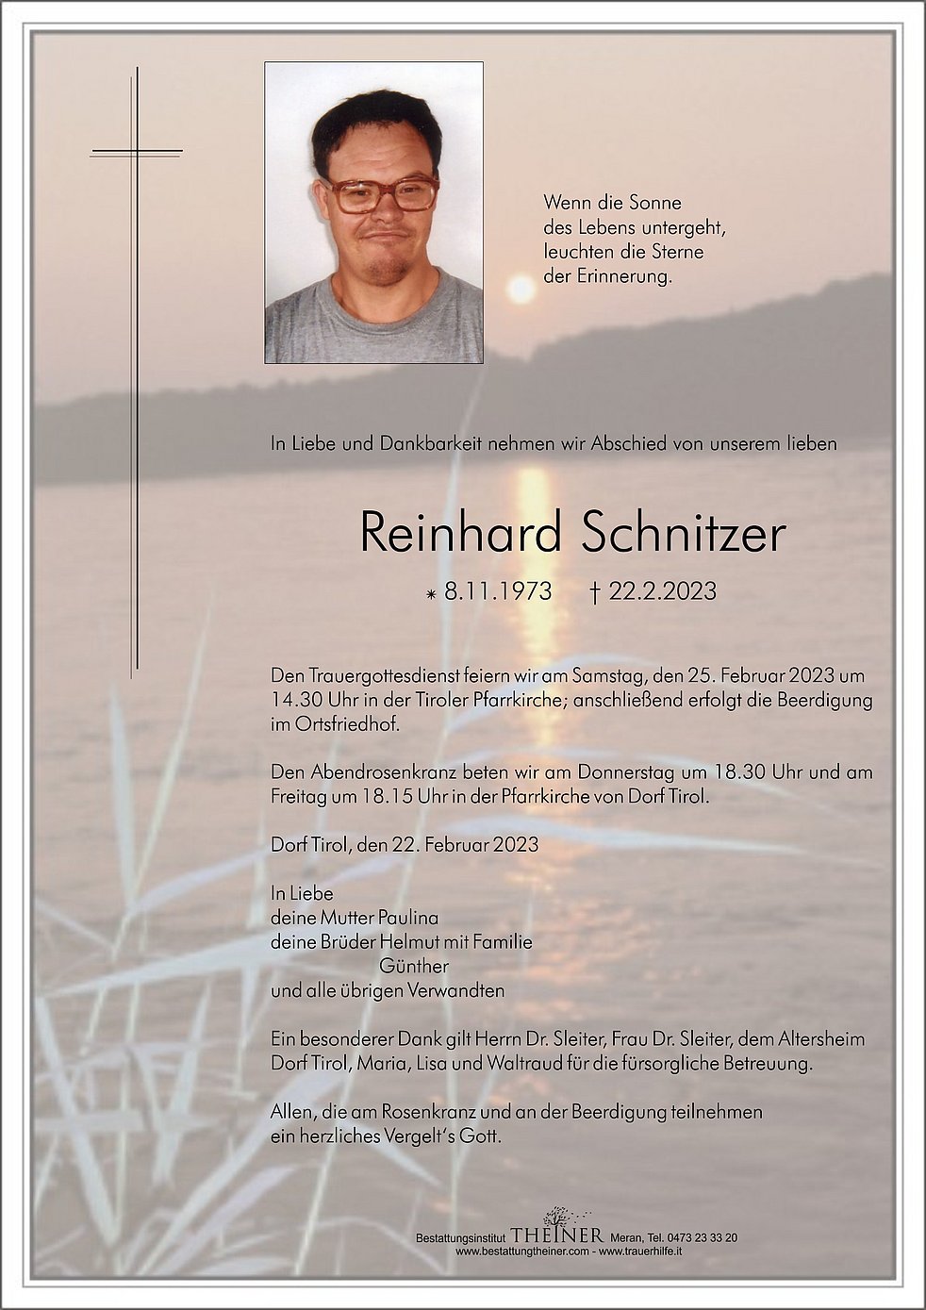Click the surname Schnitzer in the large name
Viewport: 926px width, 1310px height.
(x=683, y=534)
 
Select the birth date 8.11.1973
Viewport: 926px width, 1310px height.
(x=497, y=592)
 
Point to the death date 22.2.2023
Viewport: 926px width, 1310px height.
(x=662, y=592)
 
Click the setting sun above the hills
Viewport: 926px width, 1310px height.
(x=521, y=289)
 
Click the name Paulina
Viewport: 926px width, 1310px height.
(x=407, y=917)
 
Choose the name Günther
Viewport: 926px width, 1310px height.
(x=413, y=966)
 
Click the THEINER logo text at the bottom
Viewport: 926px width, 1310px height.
(x=556, y=1235)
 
